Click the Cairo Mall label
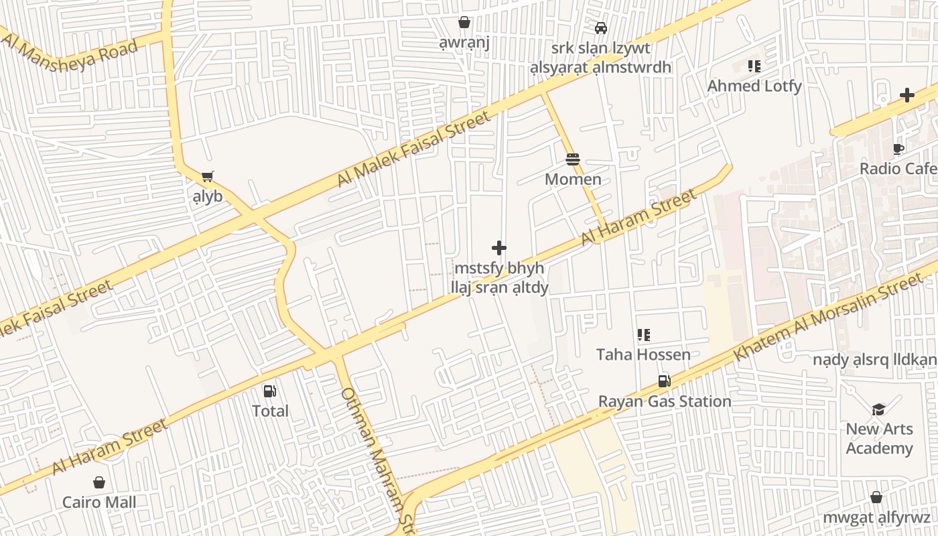(x=99, y=502)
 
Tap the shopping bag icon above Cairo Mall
(x=99, y=482)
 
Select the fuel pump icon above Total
(x=270, y=391)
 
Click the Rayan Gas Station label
(x=664, y=401)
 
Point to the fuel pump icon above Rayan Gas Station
(x=664, y=381)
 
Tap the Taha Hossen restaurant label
(x=643, y=354)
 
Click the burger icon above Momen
(x=573, y=159)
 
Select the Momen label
(x=573, y=179)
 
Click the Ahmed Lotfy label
(x=754, y=86)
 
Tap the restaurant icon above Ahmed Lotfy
(x=754, y=66)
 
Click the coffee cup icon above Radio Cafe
(x=898, y=149)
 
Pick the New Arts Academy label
(x=879, y=438)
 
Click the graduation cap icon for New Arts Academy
(x=878, y=409)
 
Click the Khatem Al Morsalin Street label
(x=828, y=319)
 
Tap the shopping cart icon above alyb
(x=208, y=177)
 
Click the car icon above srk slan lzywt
(x=601, y=28)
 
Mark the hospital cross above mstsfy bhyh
(x=499, y=248)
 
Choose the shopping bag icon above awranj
(x=464, y=23)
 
